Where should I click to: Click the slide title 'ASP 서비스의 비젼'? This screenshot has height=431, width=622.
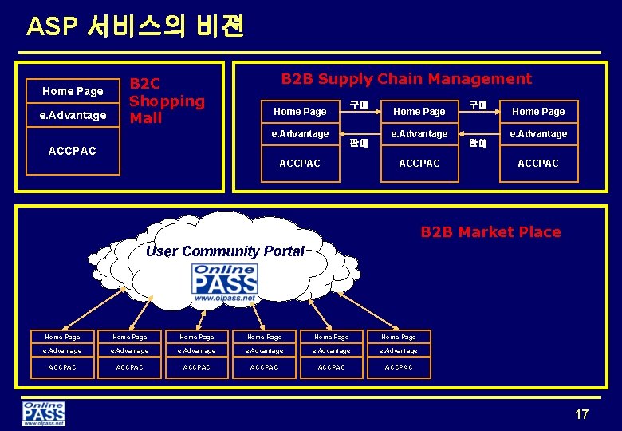click(x=135, y=26)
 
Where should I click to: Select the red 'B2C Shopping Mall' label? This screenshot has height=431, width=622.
click(x=167, y=101)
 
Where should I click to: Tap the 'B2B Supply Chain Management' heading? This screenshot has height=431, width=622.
click(x=406, y=78)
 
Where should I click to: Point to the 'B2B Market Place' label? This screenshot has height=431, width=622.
click(x=490, y=232)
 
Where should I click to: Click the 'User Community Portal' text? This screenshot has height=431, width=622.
click(x=225, y=251)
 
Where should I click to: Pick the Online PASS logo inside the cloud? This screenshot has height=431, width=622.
click(x=225, y=283)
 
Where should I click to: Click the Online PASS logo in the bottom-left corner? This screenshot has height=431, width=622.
click(x=44, y=413)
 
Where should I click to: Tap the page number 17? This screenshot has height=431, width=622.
click(x=581, y=414)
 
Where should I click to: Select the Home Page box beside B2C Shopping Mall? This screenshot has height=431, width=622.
click(x=73, y=91)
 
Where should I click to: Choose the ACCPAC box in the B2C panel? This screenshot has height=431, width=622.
click(x=73, y=151)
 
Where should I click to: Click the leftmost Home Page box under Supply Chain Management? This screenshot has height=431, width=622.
click(x=300, y=112)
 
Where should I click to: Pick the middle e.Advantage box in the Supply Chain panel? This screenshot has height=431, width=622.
click(x=419, y=134)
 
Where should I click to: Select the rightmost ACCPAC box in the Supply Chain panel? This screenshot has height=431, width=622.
click(x=538, y=164)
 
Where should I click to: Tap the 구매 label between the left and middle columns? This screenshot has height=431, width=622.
click(x=359, y=105)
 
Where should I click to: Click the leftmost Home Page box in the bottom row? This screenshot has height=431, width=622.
click(x=62, y=338)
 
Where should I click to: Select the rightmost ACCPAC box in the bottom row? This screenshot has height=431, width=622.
click(x=399, y=367)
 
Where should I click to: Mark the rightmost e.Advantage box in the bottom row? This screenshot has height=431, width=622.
click(x=399, y=351)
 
